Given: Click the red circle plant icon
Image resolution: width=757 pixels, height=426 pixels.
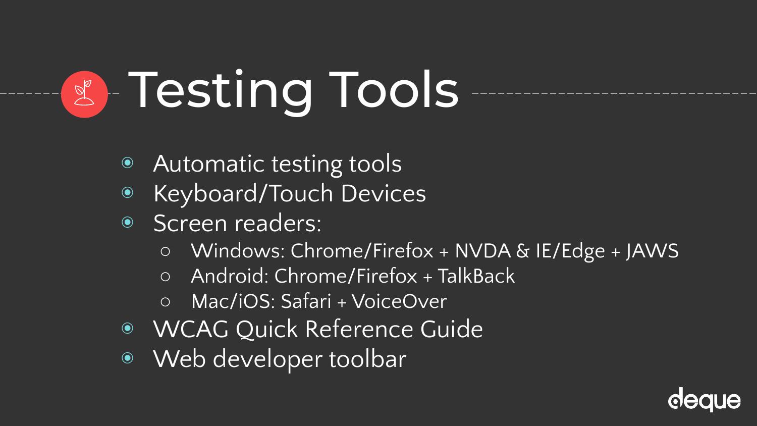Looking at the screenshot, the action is (84, 94).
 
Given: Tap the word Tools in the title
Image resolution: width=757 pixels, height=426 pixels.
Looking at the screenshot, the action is (394, 90).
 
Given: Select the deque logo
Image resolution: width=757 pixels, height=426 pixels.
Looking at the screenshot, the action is (705, 400).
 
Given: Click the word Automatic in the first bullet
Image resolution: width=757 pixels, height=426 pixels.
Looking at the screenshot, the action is (208, 164).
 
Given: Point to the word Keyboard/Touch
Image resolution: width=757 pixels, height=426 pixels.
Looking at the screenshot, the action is (243, 193).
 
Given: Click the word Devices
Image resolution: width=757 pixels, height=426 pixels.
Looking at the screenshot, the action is (383, 193).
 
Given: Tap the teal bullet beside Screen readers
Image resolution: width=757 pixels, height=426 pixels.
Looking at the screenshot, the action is (127, 222).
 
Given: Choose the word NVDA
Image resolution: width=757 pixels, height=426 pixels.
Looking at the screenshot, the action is (483, 251).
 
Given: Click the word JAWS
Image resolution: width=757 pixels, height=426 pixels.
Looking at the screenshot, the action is (652, 251).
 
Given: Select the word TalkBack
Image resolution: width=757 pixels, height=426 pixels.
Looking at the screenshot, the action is (476, 276).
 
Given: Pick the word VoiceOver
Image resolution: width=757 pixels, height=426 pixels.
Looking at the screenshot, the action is (399, 301).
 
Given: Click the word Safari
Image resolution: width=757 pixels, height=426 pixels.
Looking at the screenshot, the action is (306, 301).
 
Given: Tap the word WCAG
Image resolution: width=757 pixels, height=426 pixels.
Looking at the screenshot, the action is (191, 329).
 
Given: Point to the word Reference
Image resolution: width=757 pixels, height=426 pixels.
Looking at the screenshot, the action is (358, 329).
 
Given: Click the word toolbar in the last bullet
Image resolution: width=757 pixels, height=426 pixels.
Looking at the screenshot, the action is (368, 359).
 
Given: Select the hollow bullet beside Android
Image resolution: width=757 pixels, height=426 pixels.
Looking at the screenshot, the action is (165, 277).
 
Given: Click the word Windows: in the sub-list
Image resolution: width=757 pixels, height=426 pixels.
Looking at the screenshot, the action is (238, 251).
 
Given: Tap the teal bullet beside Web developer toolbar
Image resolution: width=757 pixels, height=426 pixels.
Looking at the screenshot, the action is (127, 357).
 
